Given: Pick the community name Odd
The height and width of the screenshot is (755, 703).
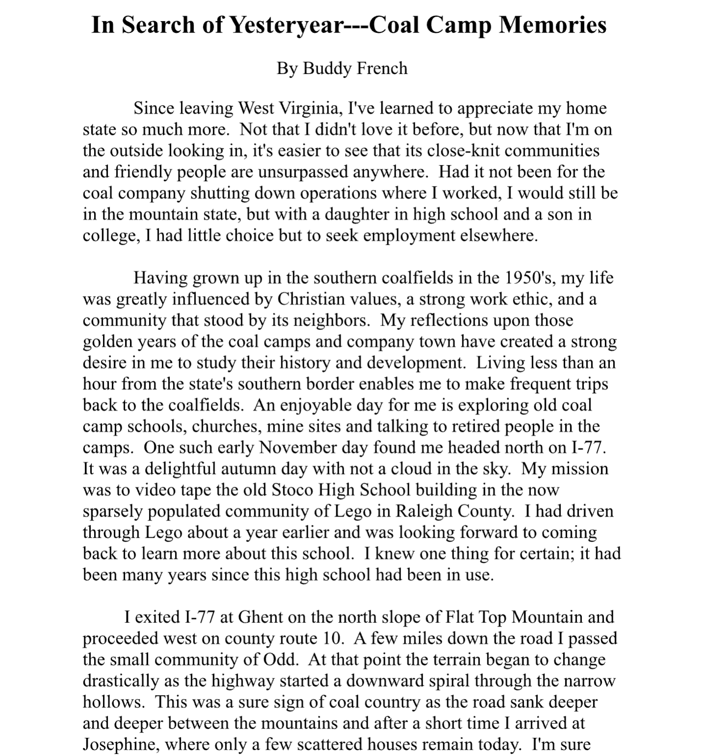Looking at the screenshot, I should pos(281,659).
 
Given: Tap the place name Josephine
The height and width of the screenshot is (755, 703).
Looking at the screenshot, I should pos(121,744).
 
